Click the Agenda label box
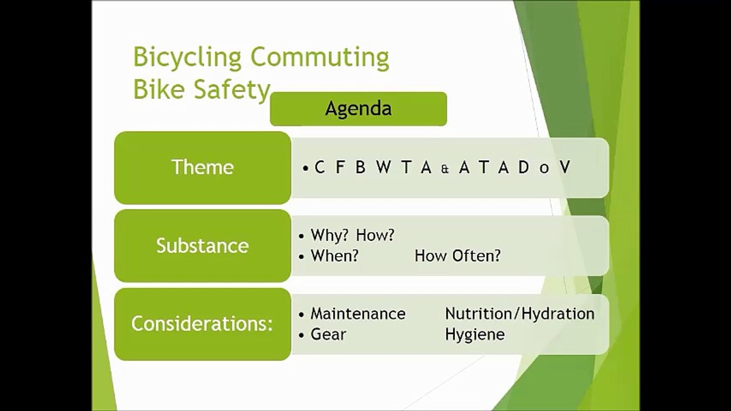click(358, 108)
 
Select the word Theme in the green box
click(202, 167)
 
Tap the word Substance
click(202, 245)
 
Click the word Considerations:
click(202, 324)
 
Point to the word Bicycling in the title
click(188, 58)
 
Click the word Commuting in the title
click(320, 58)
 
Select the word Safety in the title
click(233, 90)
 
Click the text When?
click(334, 256)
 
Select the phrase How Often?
click(457, 256)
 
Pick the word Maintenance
click(358, 314)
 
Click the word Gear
click(328, 334)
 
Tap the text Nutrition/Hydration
click(519, 314)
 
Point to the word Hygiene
click(475, 334)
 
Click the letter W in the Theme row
click(383, 167)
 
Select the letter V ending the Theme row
click(564, 167)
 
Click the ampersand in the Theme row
click(445, 168)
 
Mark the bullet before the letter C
click(306, 168)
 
